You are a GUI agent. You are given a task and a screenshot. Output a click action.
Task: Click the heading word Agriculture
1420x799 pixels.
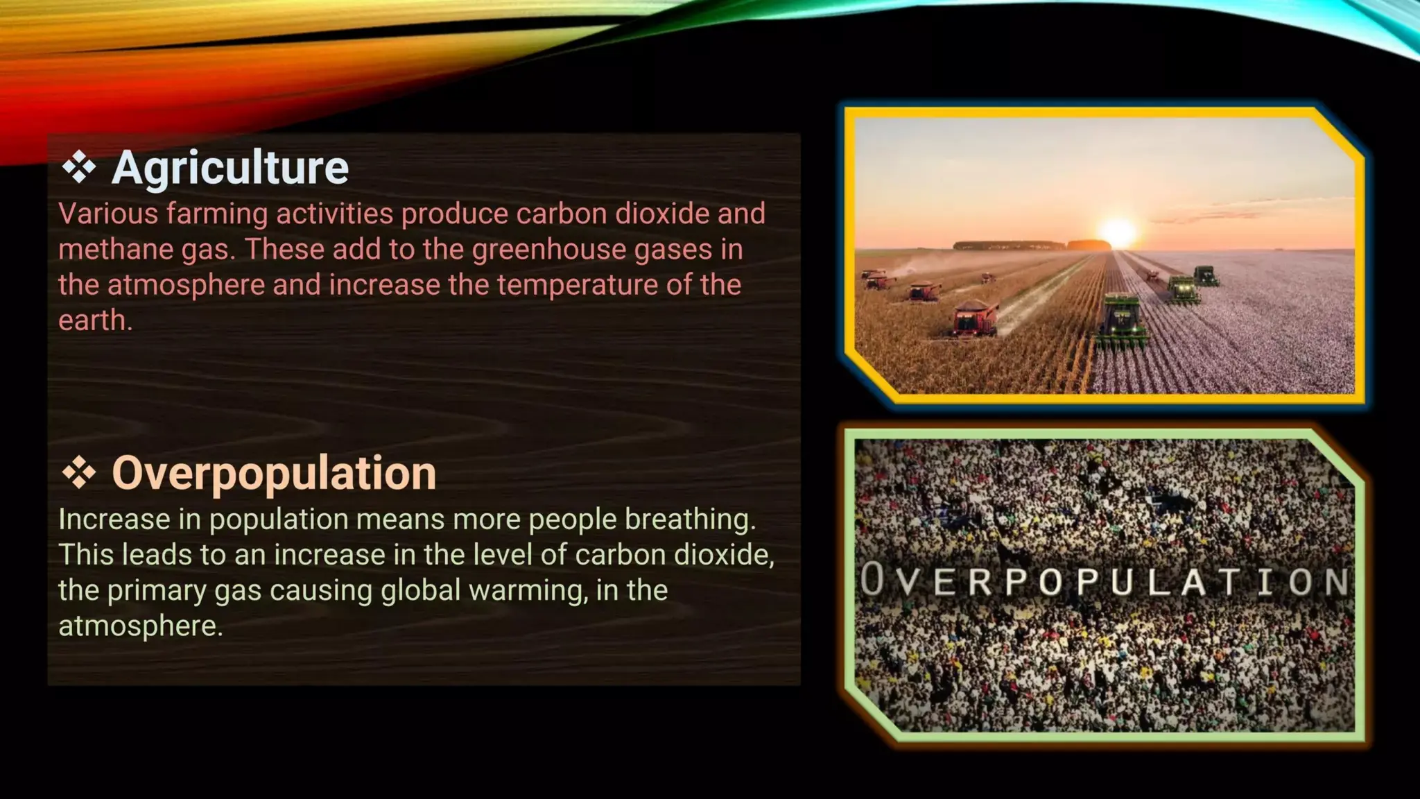[x=230, y=168]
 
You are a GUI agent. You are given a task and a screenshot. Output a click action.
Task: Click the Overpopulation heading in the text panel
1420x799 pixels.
[x=274, y=473]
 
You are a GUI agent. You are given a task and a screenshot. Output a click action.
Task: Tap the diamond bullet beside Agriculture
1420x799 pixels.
[x=79, y=168]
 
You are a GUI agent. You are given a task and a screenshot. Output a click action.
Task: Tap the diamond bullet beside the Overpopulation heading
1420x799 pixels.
[x=79, y=473]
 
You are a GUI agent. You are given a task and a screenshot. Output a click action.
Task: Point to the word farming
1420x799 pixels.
[x=217, y=214]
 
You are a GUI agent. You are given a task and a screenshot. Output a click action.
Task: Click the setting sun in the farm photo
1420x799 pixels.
[x=1118, y=231]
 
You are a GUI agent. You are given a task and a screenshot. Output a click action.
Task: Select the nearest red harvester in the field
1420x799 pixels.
[x=976, y=319]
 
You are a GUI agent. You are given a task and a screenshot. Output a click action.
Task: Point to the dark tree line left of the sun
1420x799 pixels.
[x=1009, y=245]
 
